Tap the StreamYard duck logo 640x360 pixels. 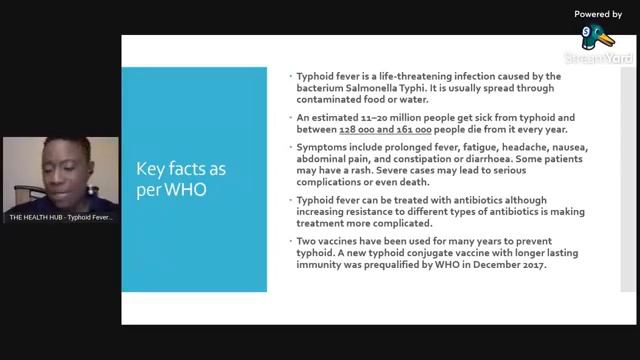click(x=598, y=38)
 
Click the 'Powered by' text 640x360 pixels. click(x=598, y=14)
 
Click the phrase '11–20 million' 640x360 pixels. click(x=369, y=118)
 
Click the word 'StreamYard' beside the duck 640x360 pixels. click(x=598, y=59)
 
